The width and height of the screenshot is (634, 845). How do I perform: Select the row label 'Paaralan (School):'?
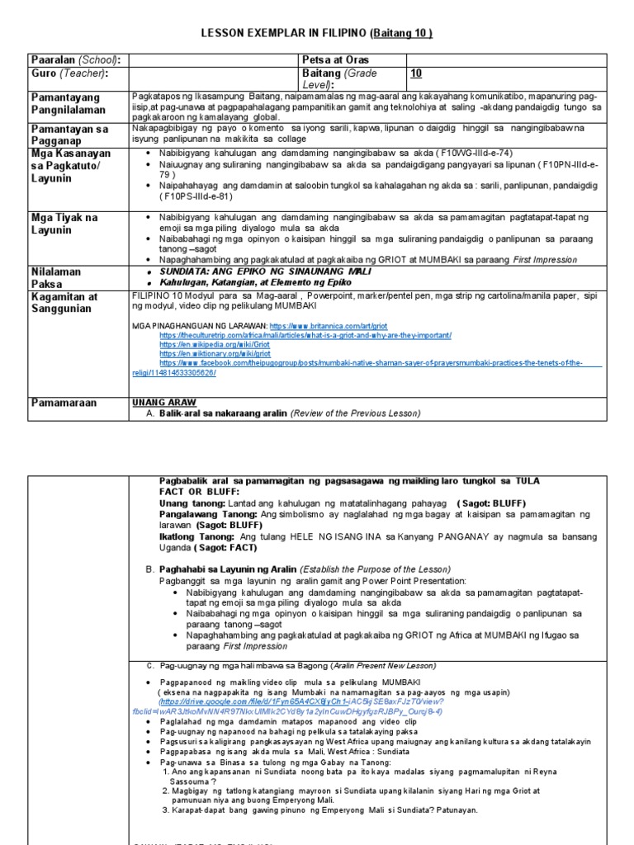[75, 60]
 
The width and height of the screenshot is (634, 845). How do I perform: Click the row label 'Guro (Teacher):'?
[69, 73]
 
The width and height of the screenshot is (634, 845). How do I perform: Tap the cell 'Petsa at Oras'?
[336, 60]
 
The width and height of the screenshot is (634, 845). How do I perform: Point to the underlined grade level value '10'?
[416, 73]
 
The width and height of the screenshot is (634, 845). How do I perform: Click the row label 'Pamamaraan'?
[64, 403]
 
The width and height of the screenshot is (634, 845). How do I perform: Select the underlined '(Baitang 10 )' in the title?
[401, 33]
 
